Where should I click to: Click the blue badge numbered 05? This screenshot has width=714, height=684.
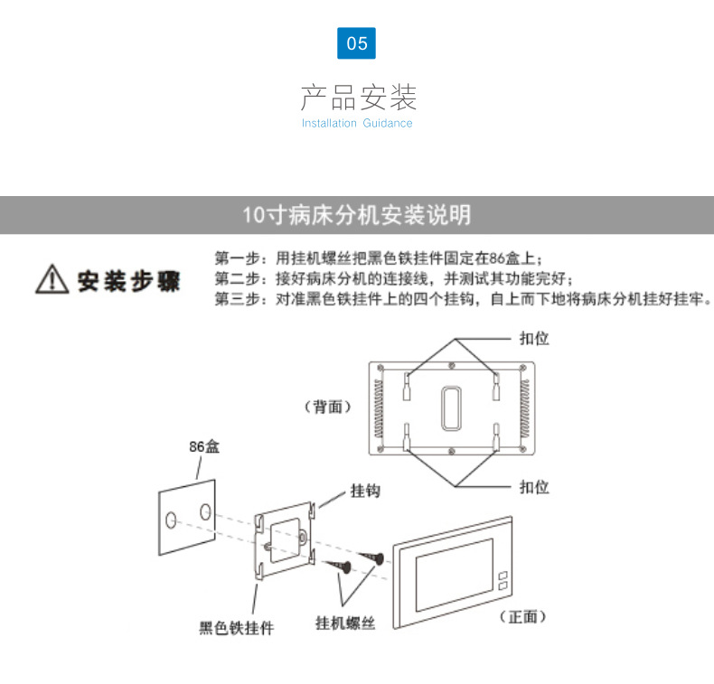pos(356,42)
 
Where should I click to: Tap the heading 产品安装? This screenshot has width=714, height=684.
pos(357,96)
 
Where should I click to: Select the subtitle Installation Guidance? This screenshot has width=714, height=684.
pos(357,123)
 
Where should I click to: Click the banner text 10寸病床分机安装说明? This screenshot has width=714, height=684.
pos(356,215)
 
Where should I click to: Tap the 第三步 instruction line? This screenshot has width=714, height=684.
pos(462,299)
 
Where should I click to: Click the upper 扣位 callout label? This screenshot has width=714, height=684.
pos(534,338)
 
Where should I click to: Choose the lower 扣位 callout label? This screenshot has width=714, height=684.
pos(534,486)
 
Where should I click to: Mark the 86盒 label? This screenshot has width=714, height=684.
pos(204,446)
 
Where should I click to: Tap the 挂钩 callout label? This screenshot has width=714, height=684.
pos(365,491)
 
